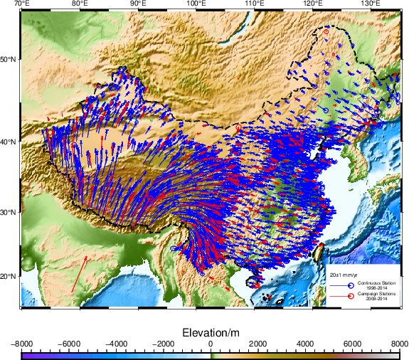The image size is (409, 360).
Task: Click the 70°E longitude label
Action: [x=22, y=4]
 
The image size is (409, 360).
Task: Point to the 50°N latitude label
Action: [x=10, y=58]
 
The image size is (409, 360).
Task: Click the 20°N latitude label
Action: [x=10, y=276]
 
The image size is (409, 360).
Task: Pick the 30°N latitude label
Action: [x=10, y=212]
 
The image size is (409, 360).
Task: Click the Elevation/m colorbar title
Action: [x=211, y=333]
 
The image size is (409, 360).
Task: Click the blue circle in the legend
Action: [x=351, y=285]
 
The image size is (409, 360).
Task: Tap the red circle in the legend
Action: [x=351, y=295]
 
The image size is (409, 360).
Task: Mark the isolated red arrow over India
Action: [x=80, y=273]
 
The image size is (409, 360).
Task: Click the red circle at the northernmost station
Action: [x=326, y=32]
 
